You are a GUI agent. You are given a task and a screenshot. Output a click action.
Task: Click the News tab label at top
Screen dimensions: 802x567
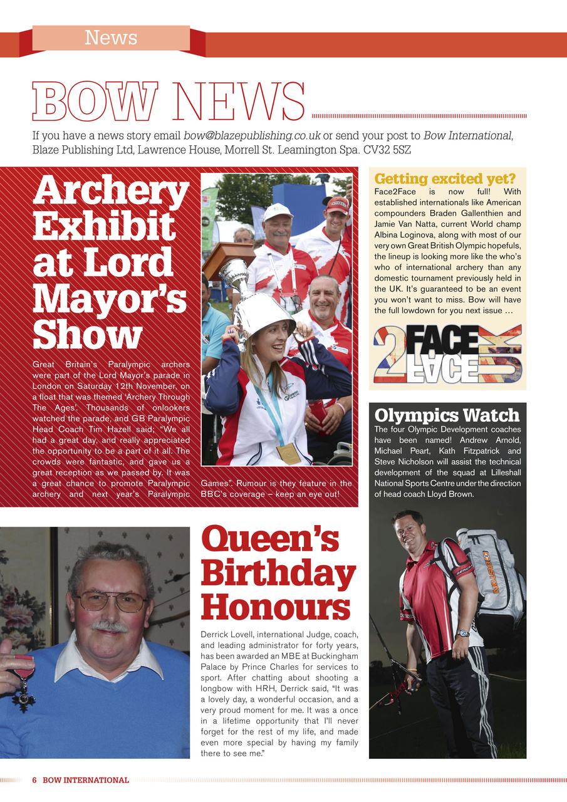coord(111,38)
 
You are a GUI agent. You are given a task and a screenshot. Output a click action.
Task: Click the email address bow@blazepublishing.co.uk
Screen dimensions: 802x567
coord(252,135)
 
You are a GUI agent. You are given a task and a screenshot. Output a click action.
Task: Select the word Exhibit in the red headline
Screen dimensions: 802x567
coord(103,226)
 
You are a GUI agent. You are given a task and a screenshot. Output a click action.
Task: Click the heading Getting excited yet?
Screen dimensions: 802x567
coord(445,179)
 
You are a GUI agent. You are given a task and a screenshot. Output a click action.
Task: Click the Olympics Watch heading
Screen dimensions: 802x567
coord(447,415)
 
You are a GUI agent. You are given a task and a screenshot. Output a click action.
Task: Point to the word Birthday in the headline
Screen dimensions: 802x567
coord(278,573)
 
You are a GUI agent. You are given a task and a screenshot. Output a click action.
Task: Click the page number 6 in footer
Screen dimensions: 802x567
coord(34,780)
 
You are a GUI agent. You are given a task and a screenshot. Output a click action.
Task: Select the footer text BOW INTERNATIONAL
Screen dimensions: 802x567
coord(86,780)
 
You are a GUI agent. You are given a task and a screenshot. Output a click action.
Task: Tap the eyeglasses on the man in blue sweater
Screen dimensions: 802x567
coord(111,602)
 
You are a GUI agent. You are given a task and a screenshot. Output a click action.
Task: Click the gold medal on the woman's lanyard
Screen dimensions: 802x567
coord(288,453)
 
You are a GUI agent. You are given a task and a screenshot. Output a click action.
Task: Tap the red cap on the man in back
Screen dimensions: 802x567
coord(338,204)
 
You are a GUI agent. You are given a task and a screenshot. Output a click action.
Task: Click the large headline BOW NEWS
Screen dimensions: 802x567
coord(169,102)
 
